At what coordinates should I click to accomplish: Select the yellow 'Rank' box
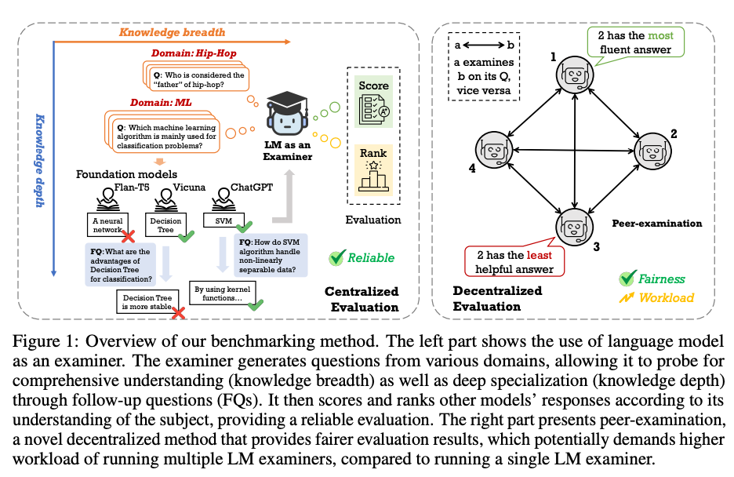tap(373, 168)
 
